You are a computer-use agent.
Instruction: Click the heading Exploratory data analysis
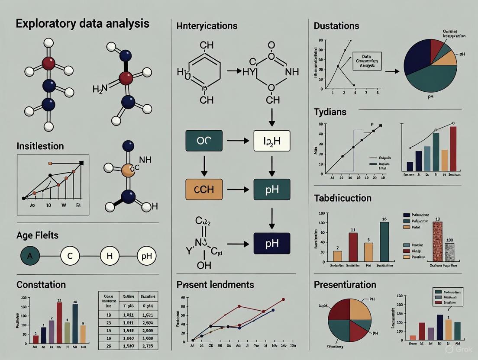coord(82,23)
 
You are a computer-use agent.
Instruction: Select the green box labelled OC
coord(203,141)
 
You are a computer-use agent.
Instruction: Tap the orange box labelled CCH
coord(203,190)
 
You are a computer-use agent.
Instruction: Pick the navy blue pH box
coord(271,244)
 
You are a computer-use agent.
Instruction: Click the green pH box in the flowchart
coord(271,190)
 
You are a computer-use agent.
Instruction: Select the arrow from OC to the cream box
coord(237,141)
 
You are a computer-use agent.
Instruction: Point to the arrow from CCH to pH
coord(237,190)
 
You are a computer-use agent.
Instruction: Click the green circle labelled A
coord(30,256)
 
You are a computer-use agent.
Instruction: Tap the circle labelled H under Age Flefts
coord(110,256)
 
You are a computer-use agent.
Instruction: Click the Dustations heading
coord(336,26)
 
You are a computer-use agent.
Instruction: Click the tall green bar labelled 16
coord(384,242)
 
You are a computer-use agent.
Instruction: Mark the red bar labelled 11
coord(353,248)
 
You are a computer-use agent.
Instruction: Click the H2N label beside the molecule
coord(99,90)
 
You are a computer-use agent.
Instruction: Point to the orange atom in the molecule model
coord(128,170)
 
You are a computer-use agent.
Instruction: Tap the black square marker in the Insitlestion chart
coord(81,163)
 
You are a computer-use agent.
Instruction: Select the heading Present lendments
coord(215,285)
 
